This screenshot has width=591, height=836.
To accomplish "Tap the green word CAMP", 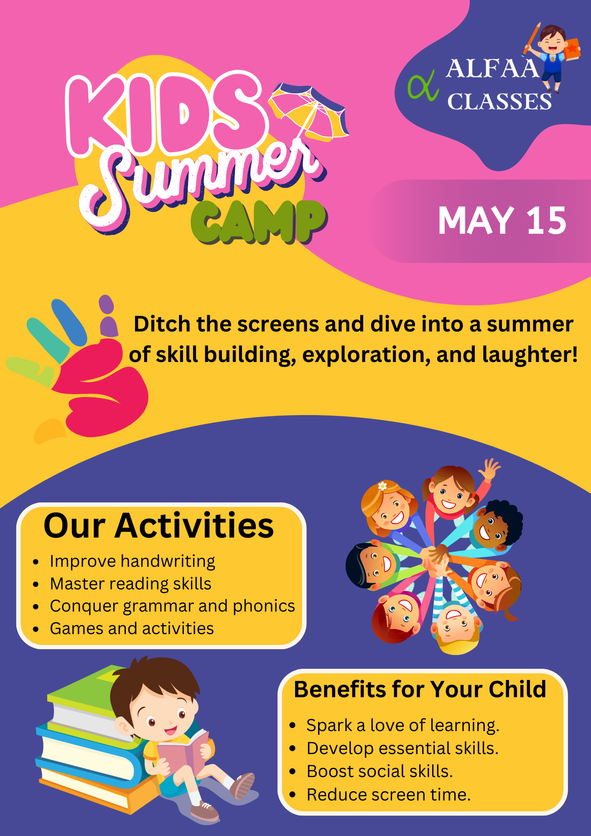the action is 259,222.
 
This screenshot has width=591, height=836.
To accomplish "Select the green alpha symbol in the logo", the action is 423,85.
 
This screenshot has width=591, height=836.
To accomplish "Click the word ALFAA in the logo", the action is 492,69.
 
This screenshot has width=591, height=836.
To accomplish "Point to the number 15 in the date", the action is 546,220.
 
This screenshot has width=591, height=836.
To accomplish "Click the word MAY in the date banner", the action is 476,220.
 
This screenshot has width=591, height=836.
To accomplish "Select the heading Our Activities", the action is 159,525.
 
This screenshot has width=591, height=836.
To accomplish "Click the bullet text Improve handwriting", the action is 132,561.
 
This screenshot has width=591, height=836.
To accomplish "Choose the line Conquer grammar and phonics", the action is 172,606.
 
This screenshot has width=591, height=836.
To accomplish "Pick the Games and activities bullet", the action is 132,628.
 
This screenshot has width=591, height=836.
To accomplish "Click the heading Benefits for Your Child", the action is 420,689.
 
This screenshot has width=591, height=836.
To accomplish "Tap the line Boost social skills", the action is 380,771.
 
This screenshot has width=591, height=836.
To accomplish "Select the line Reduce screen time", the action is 389,795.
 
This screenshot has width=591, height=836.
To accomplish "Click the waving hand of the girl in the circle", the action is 489,468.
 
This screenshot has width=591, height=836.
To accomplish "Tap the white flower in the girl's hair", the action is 382,486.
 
